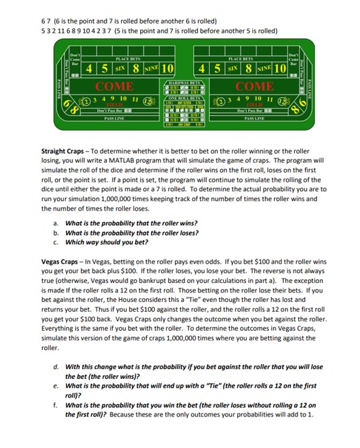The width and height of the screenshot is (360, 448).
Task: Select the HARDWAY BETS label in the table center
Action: pos(184,82)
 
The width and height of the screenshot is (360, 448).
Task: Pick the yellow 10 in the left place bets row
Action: pos(167,69)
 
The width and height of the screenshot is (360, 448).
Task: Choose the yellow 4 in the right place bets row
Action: pos(202,69)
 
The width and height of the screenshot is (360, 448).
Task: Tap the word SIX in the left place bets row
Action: pos(121,69)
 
